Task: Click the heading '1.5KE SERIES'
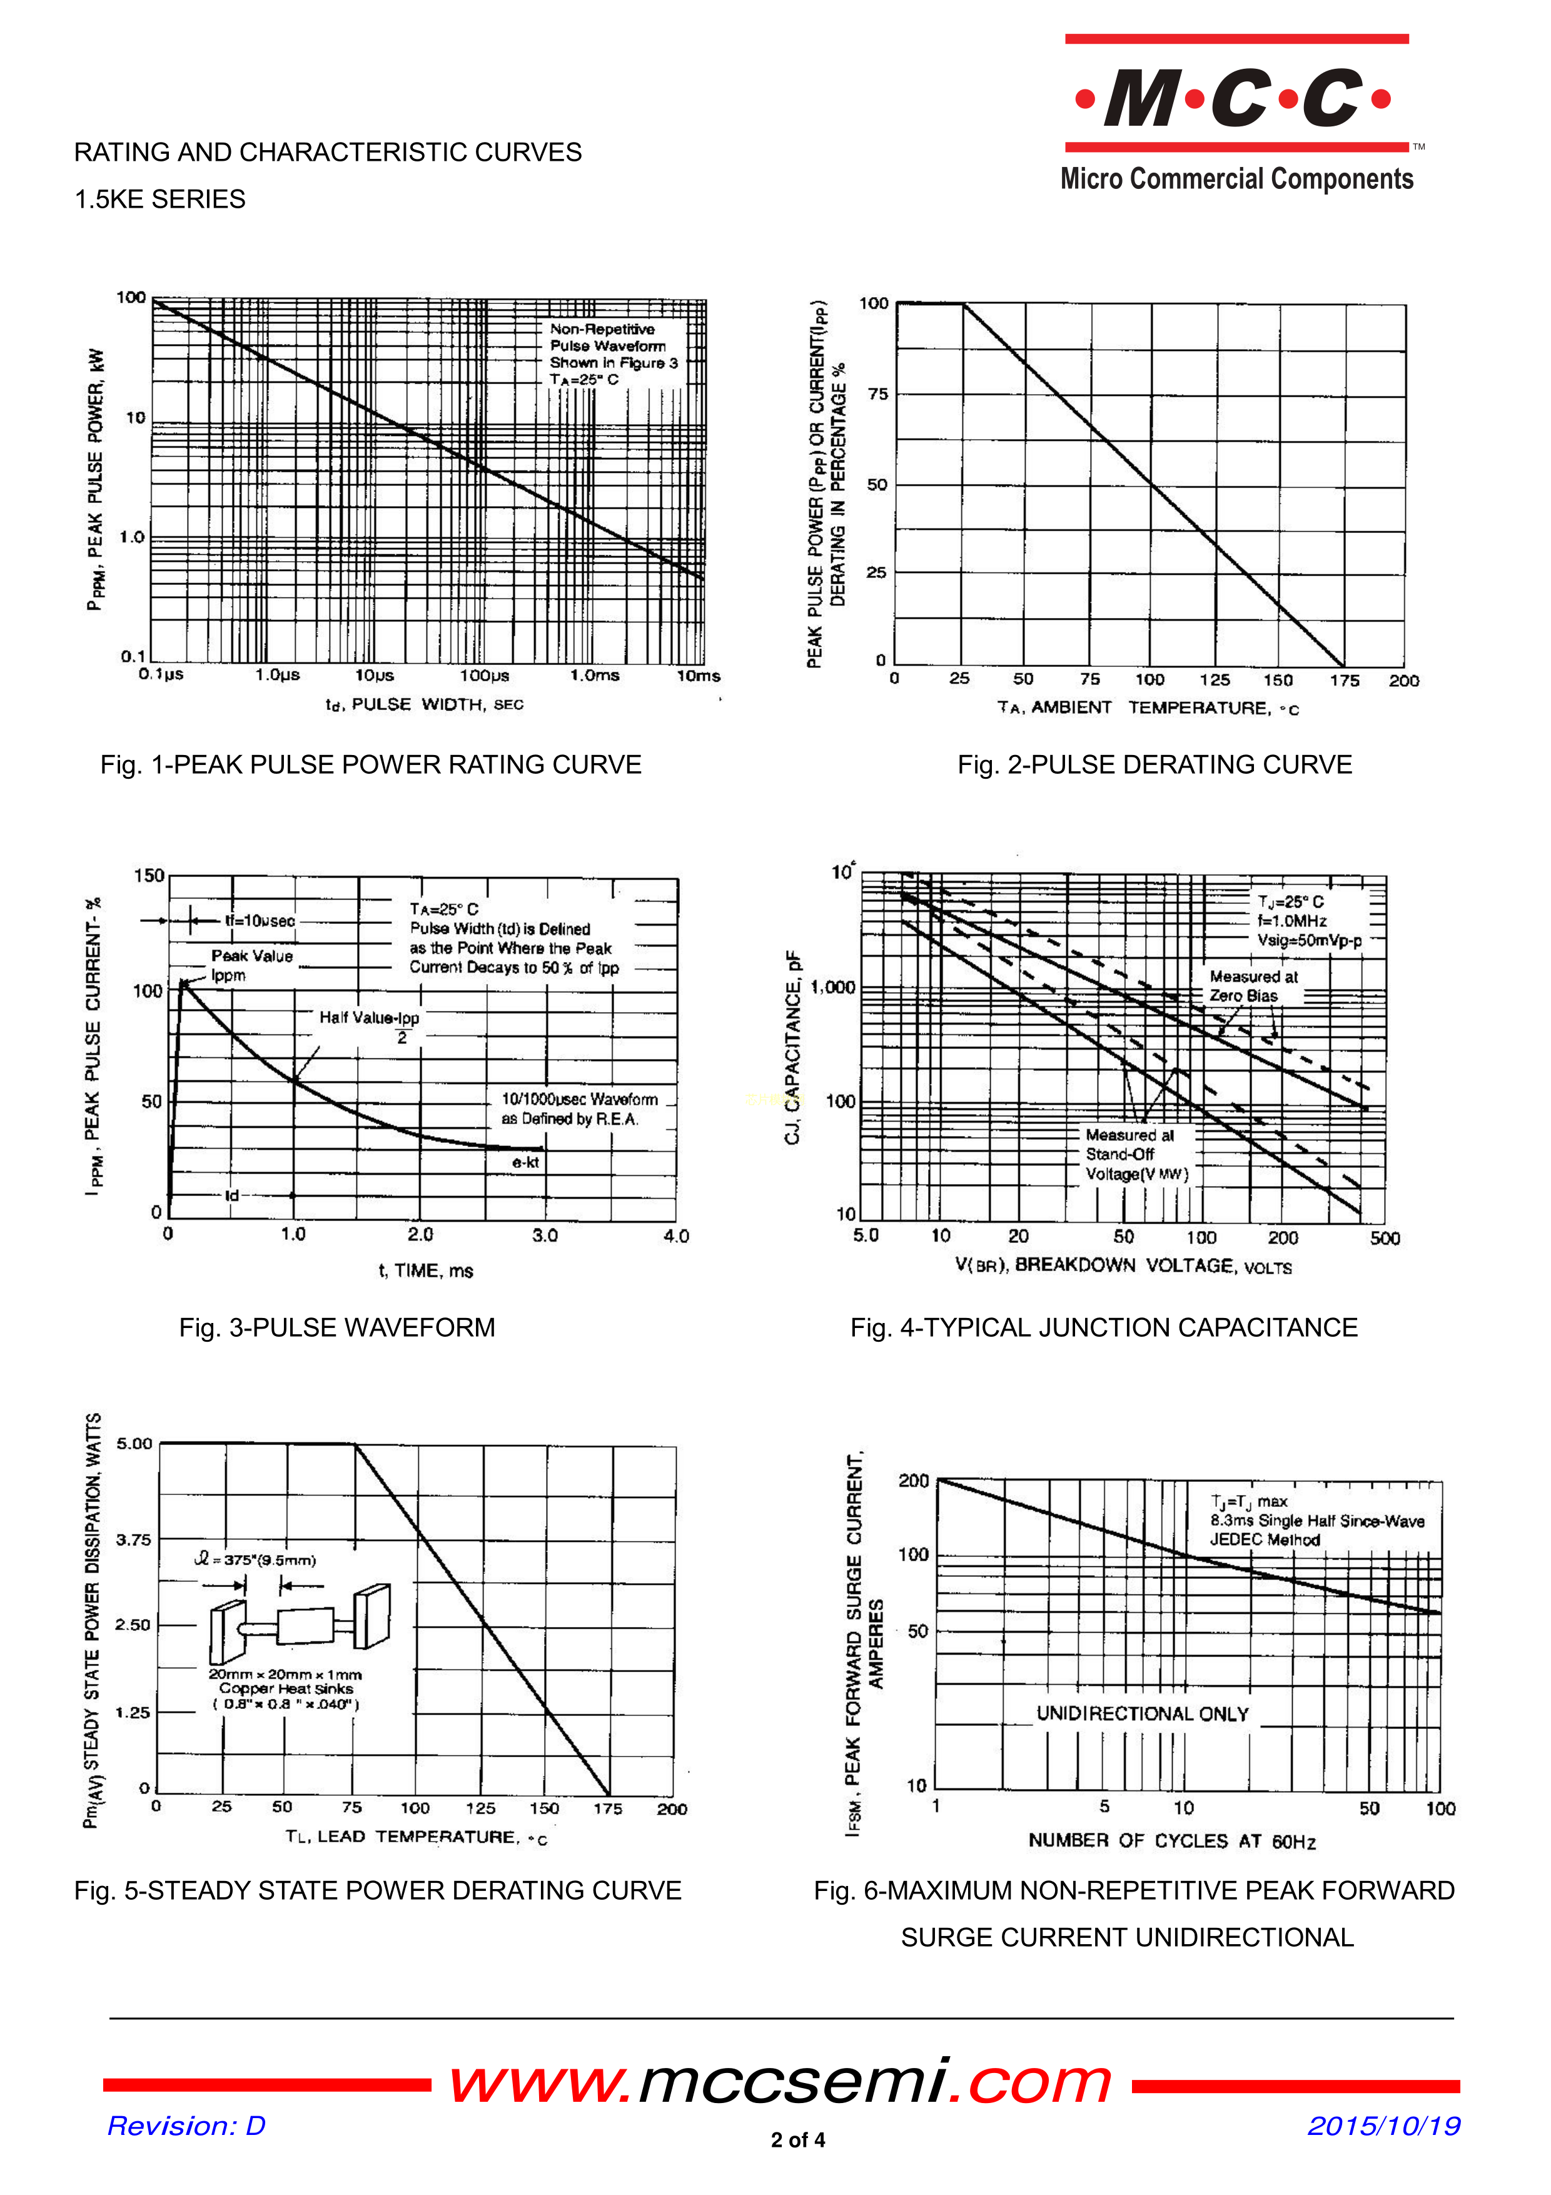point(159,199)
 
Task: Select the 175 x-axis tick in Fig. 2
point(1343,680)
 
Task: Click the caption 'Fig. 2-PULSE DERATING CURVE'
point(1154,765)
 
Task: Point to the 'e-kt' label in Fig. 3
point(525,1162)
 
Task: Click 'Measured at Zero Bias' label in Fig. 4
point(1253,986)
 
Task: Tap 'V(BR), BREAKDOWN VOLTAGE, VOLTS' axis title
point(1123,1265)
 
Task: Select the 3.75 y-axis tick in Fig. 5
point(134,1539)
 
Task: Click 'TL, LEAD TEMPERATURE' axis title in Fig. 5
point(416,1837)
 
